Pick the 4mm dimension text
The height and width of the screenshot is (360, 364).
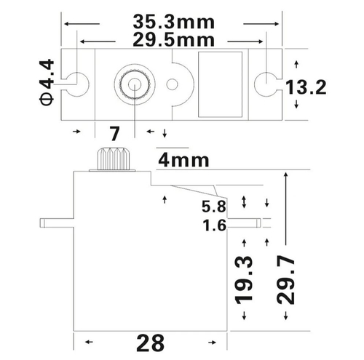click(184, 159)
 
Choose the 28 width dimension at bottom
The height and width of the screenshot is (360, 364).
click(151, 341)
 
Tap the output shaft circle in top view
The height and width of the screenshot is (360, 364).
click(135, 84)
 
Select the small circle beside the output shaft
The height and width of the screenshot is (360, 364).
click(172, 84)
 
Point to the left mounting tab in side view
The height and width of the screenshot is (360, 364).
click(58, 221)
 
